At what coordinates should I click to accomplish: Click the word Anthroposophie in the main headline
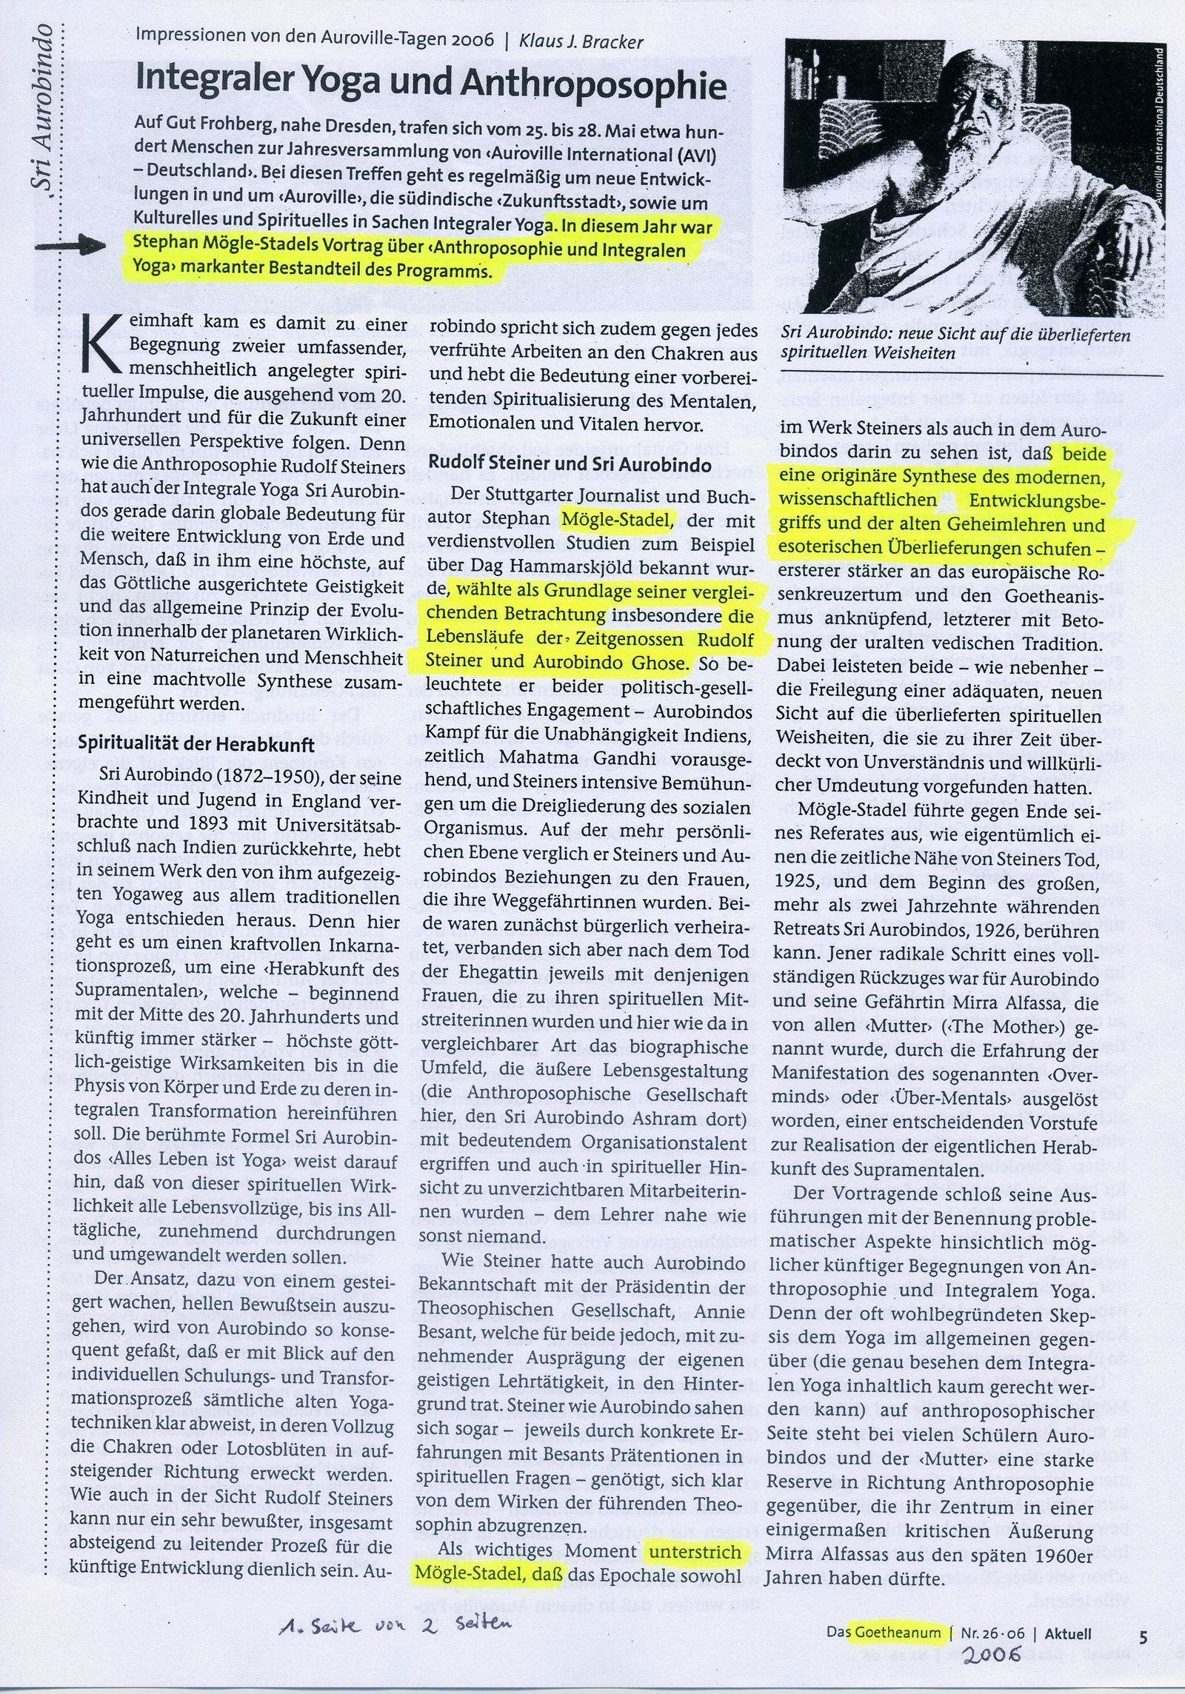[592, 87]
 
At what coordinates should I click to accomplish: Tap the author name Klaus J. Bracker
[580, 40]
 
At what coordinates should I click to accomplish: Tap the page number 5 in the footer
[1143, 1633]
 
